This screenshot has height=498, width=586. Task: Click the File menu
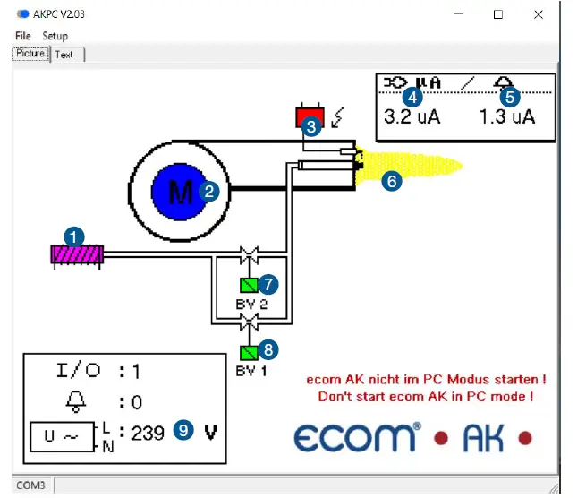click(x=22, y=36)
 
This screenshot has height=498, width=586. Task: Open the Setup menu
click(x=55, y=36)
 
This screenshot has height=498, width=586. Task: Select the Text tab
click(x=64, y=55)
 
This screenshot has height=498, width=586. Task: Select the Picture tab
click(x=30, y=54)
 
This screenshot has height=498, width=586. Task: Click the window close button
click(x=539, y=14)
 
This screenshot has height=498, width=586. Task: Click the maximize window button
click(x=498, y=14)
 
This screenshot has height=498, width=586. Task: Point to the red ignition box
click(x=307, y=116)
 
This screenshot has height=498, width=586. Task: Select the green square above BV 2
click(x=248, y=286)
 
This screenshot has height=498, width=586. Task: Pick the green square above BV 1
click(x=248, y=352)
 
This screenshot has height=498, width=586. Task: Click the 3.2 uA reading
click(x=412, y=116)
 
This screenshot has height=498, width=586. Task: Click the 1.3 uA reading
click(x=506, y=116)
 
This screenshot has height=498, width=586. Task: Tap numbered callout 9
click(x=183, y=431)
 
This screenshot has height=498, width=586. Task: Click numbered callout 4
click(x=412, y=95)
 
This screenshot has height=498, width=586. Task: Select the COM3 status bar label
click(x=31, y=485)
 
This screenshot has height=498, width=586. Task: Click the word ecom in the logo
click(x=355, y=439)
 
